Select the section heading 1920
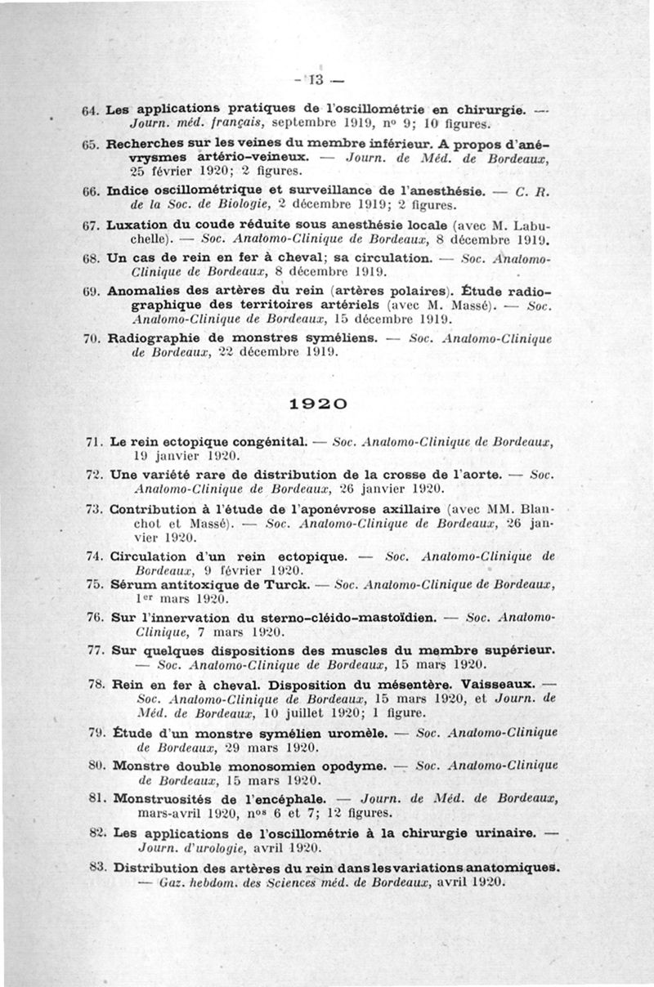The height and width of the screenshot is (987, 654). tap(319, 404)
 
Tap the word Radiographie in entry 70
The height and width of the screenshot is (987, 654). tap(154, 337)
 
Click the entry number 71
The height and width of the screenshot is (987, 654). tap(92, 442)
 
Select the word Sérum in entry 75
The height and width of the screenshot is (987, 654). tap(134, 585)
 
